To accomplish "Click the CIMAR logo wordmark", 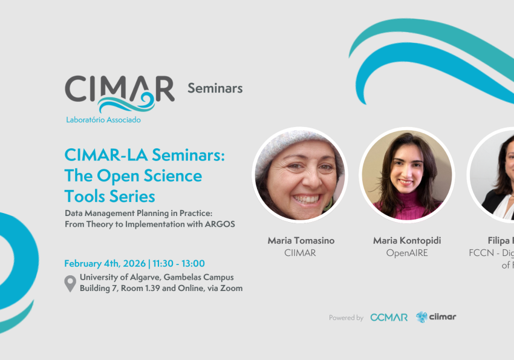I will point(119,89).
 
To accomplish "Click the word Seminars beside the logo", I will point(215,88).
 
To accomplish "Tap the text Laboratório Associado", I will point(103,120).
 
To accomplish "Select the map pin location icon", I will point(71,283).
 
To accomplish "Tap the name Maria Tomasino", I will point(301,241).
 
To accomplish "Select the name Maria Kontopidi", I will point(406,241).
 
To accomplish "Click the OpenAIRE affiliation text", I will point(406,253).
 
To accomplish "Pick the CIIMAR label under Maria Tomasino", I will point(301,253).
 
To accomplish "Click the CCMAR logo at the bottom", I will point(389,317).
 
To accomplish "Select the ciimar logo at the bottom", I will point(436,317).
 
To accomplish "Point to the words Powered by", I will point(346,318).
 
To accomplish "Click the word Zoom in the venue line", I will point(232,288).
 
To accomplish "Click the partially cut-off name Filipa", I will point(499,241).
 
